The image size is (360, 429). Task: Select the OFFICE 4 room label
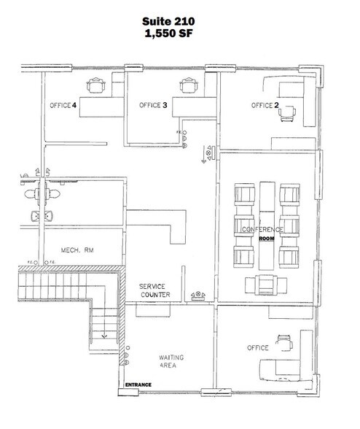click(63, 106)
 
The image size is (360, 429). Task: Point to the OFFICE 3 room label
click(153, 106)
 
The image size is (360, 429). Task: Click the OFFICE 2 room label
click(265, 106)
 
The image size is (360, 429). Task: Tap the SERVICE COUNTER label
click(154, 290)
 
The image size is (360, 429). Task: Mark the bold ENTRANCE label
click(139, 384)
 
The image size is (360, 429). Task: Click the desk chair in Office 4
click(95, 86)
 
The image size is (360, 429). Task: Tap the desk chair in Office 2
click(291, 112)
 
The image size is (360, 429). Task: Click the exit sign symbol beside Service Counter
click(197, 295)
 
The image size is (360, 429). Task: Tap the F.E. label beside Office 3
click(179, 132)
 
